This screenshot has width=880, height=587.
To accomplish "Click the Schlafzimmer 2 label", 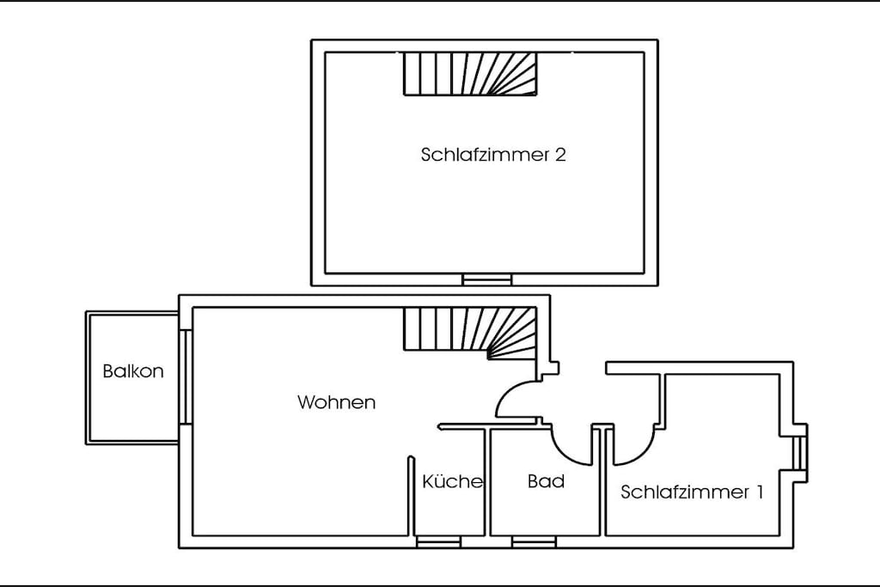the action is pyautogui.click(x=493, y=155).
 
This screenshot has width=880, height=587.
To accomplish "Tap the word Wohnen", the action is pyautogui.click(x=336, y=402).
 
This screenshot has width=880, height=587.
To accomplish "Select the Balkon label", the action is pyautogui.click(x=133, y=371).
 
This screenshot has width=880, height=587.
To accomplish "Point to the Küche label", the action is pyautogui.click(x=452, y=481).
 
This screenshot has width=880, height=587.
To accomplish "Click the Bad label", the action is pyautogui.click(x=546, y=481).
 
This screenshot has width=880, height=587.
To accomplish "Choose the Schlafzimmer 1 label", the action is pyautogui.click(x=692, y=492).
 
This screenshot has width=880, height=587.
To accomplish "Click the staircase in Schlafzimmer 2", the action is pyautogui.click(x=470, y=74).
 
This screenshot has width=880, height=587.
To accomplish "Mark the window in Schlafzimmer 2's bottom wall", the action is pyautogui.click(x=487, y=279).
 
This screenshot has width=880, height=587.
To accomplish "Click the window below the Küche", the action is pyautogui.click(x=438, y=541).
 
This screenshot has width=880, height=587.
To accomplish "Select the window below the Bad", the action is pyautogui.click(x=534, y=541).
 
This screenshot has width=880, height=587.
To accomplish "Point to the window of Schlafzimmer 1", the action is pyautogui.click(x=800, y=453).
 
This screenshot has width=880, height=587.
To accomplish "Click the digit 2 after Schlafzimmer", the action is pyautogui.click(x=560, y=155).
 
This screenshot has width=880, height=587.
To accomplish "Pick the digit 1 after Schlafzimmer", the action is pyautogui.click(x=760, y=492).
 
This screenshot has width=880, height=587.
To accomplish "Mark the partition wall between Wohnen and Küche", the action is pyautogui.click(x=411, y=496).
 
